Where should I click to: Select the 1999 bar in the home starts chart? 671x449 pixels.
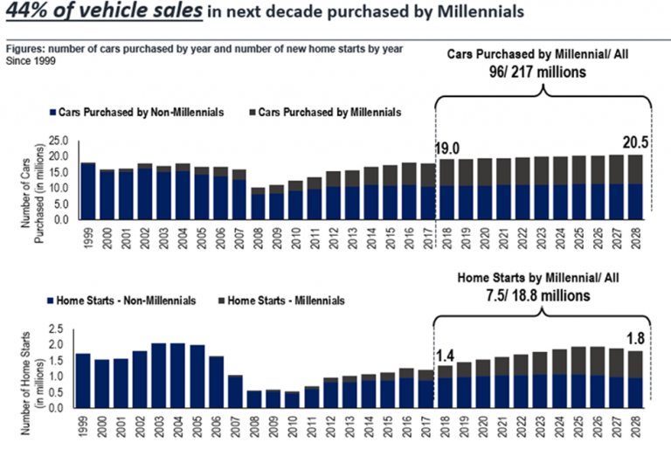coord(83,380)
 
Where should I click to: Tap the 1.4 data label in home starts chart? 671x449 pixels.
coord(446,354)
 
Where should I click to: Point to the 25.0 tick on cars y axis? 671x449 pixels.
coord(58,140)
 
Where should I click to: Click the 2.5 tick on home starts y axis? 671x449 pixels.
coord(58,328)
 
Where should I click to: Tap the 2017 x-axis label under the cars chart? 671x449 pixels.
coord(429,237)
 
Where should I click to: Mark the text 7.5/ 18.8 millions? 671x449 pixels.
coord(544,296)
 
